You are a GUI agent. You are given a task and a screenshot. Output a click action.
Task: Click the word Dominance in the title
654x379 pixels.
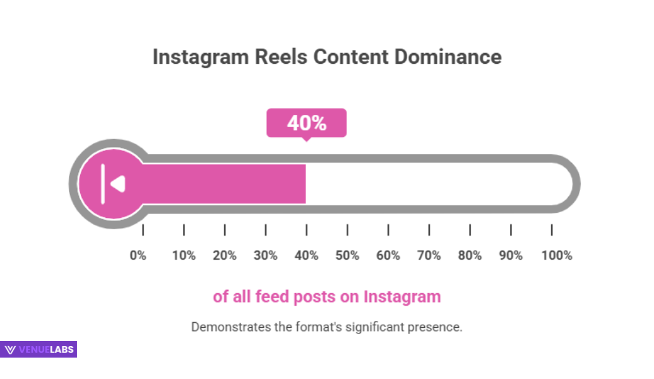tap(448, 57)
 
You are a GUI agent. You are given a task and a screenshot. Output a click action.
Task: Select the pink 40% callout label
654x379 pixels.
tap(306, 123)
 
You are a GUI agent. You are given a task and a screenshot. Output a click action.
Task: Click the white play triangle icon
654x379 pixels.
tap(118, 184)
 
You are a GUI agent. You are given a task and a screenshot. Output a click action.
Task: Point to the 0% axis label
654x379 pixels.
tap(138, 256)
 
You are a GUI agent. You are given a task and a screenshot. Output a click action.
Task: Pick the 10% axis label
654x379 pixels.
tap(184, 256)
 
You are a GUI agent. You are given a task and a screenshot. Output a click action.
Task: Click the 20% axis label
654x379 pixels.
tap(225, 256)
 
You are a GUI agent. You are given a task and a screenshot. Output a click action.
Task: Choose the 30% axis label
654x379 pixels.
tap(266, 256)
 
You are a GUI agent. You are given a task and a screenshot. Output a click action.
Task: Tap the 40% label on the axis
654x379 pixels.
tap(306, 256)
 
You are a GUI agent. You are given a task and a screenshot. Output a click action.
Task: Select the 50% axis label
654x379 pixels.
tap(347, 256)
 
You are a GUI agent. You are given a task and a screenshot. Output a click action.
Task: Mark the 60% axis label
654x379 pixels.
tap(388, 256)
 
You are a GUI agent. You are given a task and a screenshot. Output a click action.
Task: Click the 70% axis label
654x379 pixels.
tap(429, 256)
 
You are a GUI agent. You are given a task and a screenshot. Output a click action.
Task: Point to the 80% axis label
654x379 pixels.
tap(470, 256)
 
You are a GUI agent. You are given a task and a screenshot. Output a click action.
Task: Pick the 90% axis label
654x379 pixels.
tap(511, 256)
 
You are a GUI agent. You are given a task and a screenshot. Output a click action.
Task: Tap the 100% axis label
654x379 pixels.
tap(556, 256)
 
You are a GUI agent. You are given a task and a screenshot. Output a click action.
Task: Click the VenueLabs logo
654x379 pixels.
tap(39, 349)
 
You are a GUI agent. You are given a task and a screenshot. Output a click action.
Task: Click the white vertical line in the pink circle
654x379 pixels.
tap(103, 184)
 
